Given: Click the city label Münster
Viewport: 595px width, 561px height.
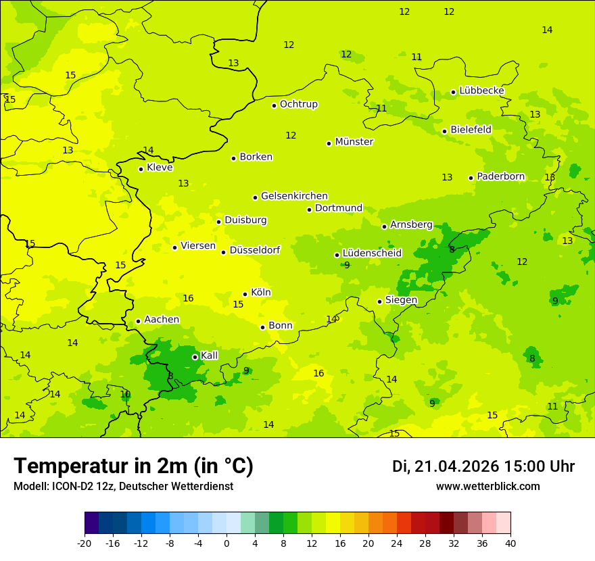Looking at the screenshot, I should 354,142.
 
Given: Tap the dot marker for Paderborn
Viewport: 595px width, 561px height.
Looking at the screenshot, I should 471,178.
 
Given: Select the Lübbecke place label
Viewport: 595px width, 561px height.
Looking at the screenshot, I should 482,91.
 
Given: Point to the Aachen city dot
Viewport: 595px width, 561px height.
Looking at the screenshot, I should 138,321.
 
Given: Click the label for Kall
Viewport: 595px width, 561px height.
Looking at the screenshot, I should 210,356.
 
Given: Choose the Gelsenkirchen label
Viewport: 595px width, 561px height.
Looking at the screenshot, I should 294,196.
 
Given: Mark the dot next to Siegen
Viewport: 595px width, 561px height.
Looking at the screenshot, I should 379,301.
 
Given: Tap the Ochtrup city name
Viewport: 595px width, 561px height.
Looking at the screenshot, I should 299,104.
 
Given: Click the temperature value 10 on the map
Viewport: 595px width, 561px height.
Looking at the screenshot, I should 125,394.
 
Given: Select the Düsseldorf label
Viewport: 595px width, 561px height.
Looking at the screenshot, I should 255,250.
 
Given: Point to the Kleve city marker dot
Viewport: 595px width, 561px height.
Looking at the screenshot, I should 141,169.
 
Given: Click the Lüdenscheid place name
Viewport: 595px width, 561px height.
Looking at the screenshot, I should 372,253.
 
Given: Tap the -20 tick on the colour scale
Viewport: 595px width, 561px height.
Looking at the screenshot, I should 85,543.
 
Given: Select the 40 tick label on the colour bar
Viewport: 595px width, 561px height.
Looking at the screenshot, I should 510,543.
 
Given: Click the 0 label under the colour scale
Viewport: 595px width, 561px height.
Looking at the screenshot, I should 227,543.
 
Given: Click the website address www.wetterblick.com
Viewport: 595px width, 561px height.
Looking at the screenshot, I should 487,487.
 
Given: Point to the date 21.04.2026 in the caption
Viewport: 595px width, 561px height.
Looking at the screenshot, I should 456,466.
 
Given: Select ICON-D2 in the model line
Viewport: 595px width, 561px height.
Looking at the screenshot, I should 71,487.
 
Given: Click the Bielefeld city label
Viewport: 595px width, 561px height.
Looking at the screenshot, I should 471,129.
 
